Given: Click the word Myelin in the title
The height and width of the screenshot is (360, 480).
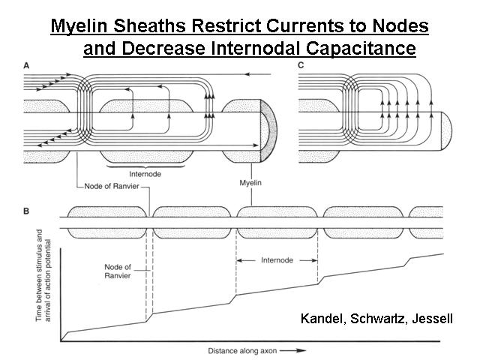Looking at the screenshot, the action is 79,25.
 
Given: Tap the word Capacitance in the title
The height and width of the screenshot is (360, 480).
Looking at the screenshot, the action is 361,48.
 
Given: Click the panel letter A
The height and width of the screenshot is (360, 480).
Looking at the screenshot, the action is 27,66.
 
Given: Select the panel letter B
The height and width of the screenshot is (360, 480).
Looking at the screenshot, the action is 26,211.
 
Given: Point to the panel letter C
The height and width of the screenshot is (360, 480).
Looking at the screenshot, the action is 301,65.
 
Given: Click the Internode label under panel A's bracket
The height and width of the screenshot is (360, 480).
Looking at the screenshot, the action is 145,174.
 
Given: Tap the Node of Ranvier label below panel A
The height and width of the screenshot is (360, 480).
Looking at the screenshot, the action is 112,186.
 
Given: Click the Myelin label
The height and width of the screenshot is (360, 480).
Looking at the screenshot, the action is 250,183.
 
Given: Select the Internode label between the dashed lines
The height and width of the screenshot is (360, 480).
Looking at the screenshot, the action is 277,260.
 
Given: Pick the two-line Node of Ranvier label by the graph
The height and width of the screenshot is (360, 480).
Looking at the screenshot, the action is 118,271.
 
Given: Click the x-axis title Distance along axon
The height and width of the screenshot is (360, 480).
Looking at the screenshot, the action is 242,351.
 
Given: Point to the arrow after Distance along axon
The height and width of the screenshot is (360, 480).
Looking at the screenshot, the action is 293,351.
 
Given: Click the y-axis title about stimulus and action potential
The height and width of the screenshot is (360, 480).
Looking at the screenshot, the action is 43,275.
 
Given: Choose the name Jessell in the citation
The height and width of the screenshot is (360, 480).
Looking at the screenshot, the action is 432,319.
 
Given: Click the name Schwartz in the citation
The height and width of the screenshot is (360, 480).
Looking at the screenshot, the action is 378,319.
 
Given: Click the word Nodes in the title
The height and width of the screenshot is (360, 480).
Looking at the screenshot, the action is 400,25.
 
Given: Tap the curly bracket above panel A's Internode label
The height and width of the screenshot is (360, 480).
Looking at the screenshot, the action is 145,166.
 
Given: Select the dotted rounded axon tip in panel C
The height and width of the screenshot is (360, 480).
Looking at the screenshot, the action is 446,131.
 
